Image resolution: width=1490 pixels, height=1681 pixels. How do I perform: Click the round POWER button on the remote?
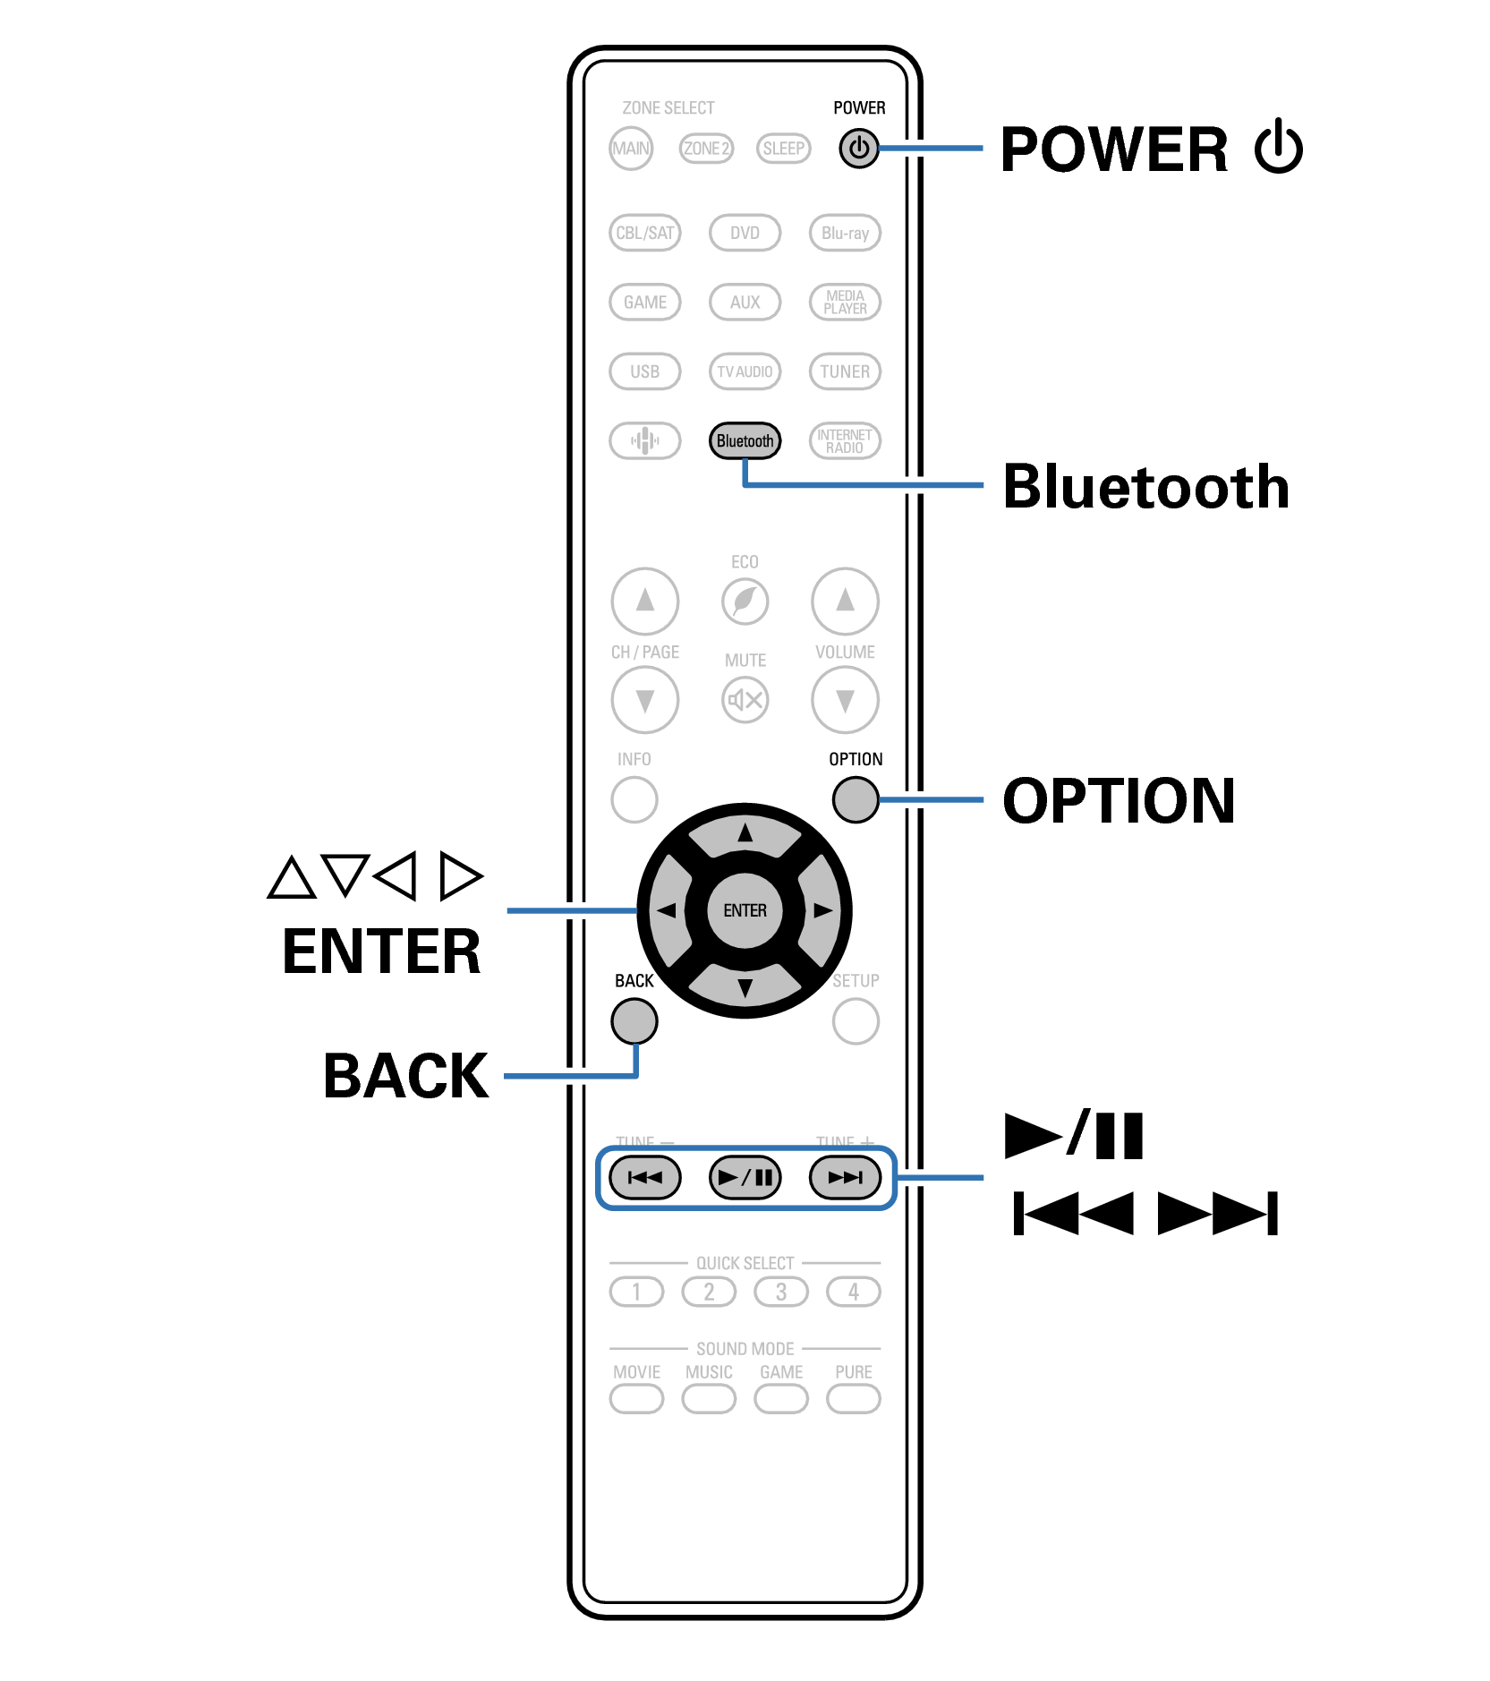click(x=858, y=149)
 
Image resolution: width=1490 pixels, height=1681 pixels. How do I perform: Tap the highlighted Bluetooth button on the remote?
click(x=745, y=440)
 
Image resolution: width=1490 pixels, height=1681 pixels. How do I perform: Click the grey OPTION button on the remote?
click(x=855, y=799)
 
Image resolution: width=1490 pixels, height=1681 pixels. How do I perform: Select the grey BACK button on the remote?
click(x=634, y=1020)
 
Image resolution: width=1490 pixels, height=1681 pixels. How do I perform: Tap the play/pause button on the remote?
click(x=745, y=1177)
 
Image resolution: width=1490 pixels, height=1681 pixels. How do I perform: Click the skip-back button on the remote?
click(x=644, y=1177)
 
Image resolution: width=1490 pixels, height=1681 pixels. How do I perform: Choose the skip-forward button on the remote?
click(x=845, y=1177)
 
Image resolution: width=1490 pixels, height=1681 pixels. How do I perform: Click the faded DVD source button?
click(x=745, y=233)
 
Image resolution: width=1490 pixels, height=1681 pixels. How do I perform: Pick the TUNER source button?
click(x=845, y=371)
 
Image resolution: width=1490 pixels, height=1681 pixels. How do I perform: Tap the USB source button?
click(x=644, y=371)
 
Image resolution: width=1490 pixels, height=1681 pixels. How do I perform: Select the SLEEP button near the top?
click(x=783, y=149)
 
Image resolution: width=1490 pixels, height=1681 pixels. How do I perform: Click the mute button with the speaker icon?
click(x=745, y=699)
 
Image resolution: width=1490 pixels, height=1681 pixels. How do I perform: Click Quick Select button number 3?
click(x=780, y=1292)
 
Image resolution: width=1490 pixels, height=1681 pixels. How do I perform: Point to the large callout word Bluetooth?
click(x=1145, y=487)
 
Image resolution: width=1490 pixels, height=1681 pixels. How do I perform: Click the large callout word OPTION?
click(x=1119, y=800)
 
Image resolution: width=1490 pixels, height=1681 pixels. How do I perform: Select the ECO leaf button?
click(x=745, y=601)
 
